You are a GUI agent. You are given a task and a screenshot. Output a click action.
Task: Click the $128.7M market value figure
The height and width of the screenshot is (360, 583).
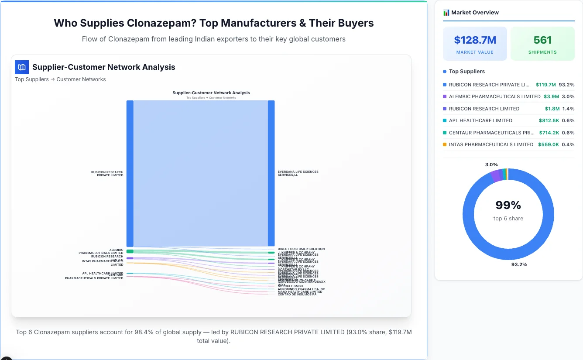475,40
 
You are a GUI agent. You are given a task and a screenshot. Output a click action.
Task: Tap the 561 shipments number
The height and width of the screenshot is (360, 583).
542,40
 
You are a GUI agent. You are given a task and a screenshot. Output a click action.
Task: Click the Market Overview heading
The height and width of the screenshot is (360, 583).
475,13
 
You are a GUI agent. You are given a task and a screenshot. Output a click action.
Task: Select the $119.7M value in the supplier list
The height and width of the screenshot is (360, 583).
545,85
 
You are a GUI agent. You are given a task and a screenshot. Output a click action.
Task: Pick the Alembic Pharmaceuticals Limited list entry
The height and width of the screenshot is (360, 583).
494,96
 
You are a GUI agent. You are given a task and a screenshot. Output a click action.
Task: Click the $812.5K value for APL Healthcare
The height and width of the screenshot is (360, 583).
549,120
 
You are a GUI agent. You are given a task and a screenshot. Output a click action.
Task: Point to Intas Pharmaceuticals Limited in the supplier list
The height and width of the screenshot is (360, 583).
491,144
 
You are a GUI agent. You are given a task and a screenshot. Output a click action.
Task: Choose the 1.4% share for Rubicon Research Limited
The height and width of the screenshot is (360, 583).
568,109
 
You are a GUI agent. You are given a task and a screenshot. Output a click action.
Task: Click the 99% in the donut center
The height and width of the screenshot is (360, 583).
508,205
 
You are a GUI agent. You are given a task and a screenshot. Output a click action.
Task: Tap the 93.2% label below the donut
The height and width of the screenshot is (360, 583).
519,264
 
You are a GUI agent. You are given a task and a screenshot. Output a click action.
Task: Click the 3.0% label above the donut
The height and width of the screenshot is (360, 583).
491,165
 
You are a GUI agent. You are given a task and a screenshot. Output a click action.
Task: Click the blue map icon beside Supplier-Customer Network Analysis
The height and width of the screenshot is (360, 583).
22,67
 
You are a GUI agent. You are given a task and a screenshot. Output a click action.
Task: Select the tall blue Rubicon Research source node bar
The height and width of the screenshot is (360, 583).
130,174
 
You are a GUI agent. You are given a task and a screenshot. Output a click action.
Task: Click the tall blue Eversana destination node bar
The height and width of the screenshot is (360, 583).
271,174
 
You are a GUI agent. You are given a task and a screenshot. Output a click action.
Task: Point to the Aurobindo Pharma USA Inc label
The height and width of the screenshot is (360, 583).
301,289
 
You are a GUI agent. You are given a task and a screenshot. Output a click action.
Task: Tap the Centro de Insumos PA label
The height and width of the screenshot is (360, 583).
297,295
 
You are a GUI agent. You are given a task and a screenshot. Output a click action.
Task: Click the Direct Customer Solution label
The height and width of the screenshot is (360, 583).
301,249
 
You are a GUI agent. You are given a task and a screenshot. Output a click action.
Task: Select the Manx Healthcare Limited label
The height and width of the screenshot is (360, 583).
300,291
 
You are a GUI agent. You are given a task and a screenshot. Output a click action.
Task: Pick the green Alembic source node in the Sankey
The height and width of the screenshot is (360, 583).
130,251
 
